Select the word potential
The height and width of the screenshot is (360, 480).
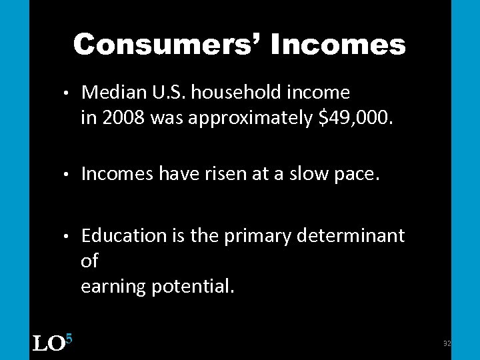point(193,287)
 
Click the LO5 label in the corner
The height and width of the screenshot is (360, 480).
point(52,343)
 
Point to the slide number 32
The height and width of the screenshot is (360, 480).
point(447,343)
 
